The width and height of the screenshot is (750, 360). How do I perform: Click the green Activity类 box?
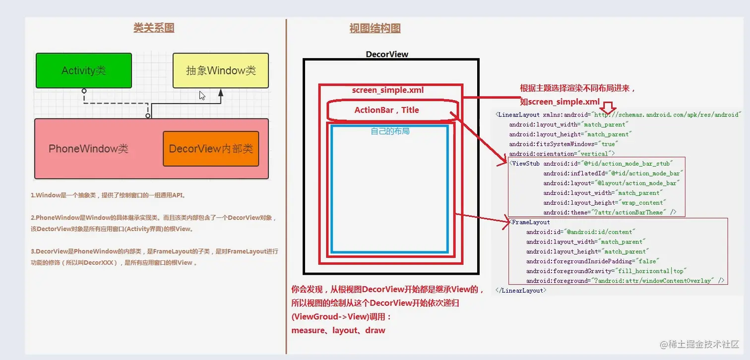point(83,70)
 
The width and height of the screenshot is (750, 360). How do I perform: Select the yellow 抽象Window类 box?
point(221,70)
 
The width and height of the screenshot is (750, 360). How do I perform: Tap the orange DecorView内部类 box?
point(211,149)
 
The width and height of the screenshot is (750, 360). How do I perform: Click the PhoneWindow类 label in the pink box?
point(88,149)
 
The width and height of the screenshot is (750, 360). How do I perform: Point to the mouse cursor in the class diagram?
point(202,96)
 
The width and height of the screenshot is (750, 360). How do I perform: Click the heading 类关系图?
point(154,28)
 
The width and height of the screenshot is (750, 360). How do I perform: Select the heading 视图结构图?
point(375,28)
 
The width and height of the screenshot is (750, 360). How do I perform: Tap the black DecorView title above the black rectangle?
point(387,54)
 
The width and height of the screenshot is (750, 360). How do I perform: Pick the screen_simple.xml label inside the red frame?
point(388,90)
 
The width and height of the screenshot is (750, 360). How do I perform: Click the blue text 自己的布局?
point(390,131)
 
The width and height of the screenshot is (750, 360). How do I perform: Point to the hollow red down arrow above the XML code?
point(609,107)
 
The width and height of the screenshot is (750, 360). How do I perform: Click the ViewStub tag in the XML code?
point(526,163)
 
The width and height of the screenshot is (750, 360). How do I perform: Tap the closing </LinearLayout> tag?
point(521,290)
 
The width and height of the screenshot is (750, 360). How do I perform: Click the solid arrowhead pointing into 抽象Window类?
point(221,93)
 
